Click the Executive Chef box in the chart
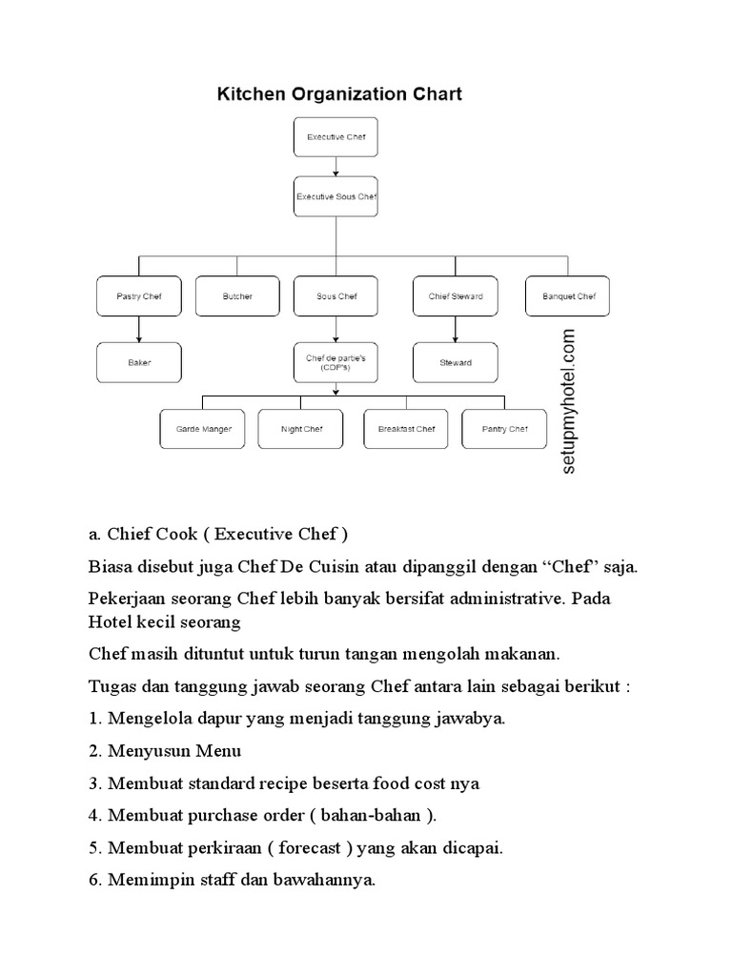(335, 137)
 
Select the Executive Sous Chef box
(335, 198)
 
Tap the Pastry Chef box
(139, 296)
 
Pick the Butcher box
(237, 296)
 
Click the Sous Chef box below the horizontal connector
(335, 296)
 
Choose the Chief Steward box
(455, 296)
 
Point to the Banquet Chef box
(567, 296)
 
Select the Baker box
(139, 362)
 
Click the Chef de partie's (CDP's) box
(335, 362)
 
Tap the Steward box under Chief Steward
(455, 362)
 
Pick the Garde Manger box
(203, 429)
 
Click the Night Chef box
(301, 429)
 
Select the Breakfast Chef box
(406, 429)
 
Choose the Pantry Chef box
(504, 429)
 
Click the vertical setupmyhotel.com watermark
(569, 401)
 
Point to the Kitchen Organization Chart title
(340, 94)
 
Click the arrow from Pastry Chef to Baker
(139, 330)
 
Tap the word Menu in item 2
(219, 751)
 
